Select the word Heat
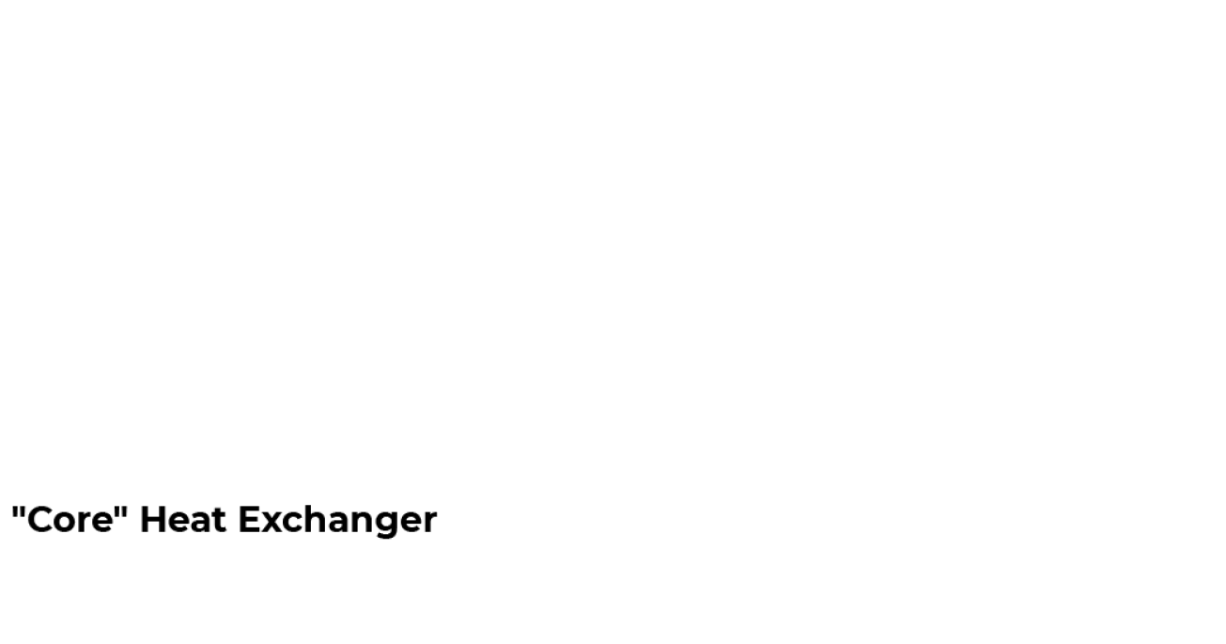(x=183, y=519)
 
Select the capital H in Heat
(x=153, y=519)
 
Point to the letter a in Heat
(x=201, y=523)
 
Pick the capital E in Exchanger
(x=249, y=519)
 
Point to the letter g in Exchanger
(x=390, y=526)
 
